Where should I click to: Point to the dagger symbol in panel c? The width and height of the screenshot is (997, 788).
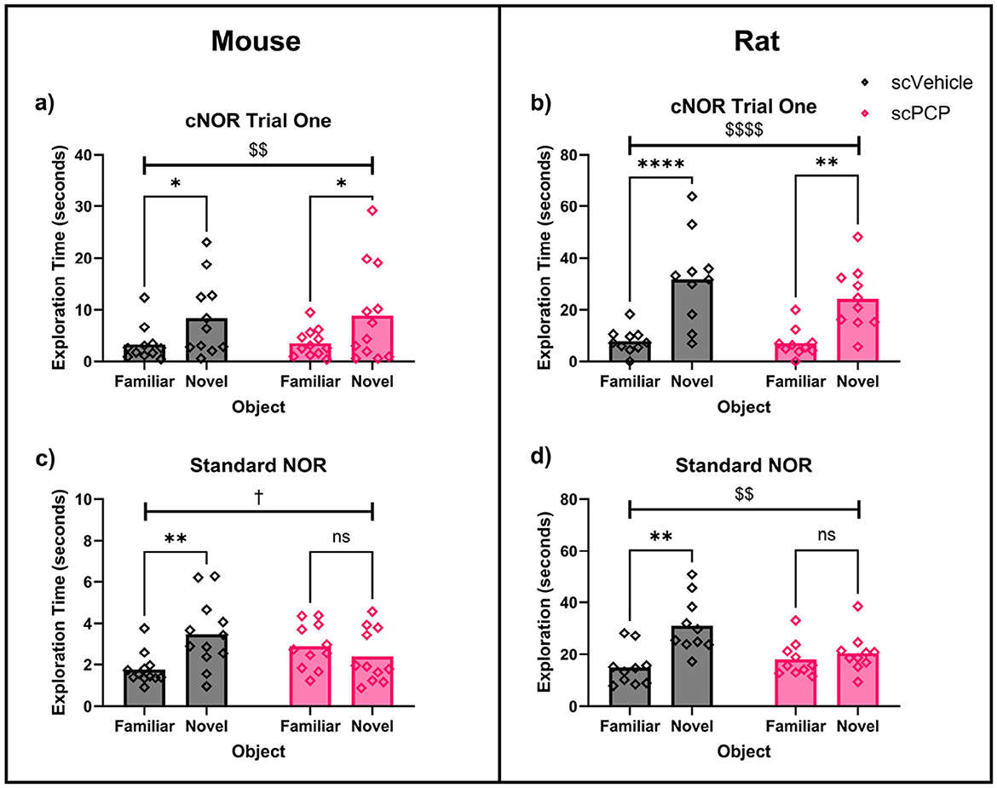tap(259, 494)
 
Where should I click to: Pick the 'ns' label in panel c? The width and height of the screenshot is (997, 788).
tap(341, 537)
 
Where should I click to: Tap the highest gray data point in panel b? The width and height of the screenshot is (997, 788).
tap(693, 197)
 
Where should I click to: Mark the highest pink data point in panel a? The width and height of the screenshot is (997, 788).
tap(372, 210)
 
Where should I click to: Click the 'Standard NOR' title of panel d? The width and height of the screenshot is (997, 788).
tap(743, 467)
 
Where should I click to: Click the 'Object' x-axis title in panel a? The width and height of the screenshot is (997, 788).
tap(259, 407)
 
